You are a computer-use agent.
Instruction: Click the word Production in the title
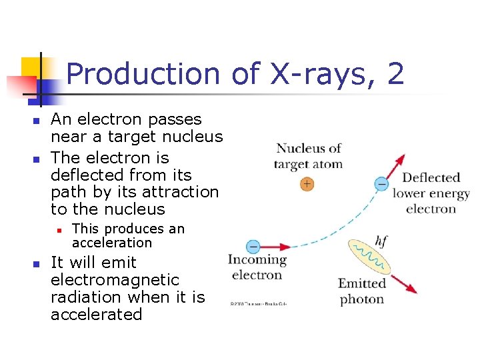point(143,74)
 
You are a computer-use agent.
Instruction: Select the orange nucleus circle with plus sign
point(307,183)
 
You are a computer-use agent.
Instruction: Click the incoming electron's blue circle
point(253,247)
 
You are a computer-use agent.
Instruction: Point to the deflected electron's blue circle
point(381,183)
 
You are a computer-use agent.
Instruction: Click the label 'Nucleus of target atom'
point(308,156)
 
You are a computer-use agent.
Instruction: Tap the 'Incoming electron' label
point(257,267)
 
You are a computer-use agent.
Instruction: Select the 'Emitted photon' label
point(362,291)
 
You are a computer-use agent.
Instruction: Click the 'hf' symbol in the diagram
point(383,241)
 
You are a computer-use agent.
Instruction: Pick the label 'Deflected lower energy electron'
point(431,193)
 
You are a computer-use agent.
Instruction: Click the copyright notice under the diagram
point(259,303)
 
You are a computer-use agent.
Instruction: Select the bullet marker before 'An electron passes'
point(37,121)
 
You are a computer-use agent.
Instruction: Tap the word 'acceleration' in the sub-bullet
point(112,243)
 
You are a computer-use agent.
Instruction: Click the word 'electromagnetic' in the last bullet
point(115,280)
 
